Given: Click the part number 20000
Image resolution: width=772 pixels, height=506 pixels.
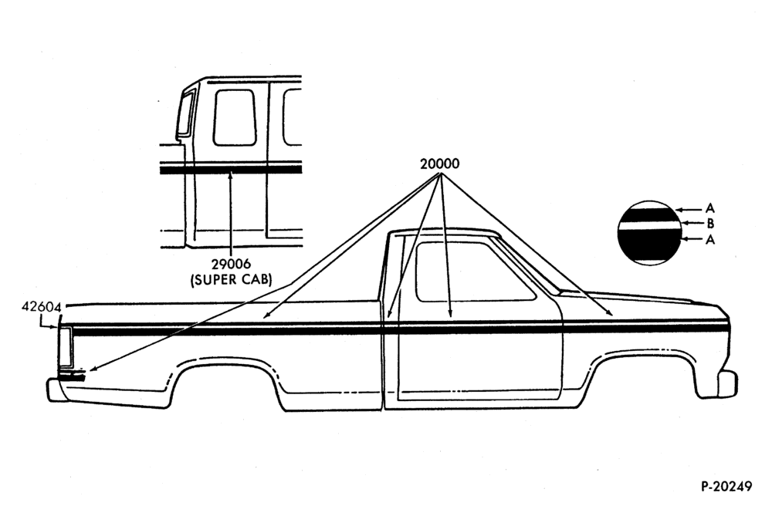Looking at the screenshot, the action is point(439,164).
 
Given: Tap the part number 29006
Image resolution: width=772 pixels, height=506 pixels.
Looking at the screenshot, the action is point(231,265).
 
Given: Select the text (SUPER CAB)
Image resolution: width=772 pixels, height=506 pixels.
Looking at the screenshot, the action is point(231,280).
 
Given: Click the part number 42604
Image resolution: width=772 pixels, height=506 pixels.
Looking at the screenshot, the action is point(42,307).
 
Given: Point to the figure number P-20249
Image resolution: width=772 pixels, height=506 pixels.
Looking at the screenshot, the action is point(726,486).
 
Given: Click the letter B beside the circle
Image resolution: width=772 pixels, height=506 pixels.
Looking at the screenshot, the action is point(710,224).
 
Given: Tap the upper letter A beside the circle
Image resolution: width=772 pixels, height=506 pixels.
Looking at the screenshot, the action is point(709,208).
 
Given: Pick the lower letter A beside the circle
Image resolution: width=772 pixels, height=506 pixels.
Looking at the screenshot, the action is point(709,239).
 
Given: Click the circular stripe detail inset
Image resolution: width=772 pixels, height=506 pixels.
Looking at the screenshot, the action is point(649,233).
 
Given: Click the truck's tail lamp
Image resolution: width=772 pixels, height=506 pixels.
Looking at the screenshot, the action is point(65,346).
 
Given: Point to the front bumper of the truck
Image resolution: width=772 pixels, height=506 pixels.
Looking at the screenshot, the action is point(727,383).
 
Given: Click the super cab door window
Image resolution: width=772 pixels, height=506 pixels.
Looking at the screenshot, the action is point(235,117).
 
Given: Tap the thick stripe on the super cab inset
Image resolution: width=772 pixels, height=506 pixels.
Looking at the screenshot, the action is point(230,170).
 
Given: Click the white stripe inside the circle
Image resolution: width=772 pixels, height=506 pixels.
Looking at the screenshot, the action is point(649,224).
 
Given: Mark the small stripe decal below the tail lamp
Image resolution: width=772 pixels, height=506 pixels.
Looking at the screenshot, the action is point(72,376).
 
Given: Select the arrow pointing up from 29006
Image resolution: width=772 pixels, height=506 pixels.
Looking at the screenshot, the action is point(230,214).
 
